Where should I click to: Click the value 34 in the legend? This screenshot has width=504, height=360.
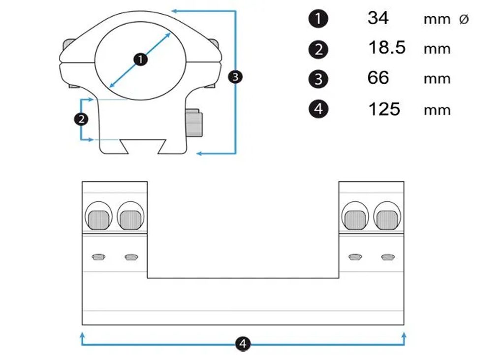[378, 18]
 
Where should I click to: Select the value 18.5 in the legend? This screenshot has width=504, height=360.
[387, 48]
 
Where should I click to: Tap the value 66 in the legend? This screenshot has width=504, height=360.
[378, 78]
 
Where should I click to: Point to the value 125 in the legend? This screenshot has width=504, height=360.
[384, 108]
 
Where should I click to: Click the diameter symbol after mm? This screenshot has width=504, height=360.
[464, 20]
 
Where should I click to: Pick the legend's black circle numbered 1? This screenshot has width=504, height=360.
[318, 19]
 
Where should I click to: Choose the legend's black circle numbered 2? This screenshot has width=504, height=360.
[318, 49]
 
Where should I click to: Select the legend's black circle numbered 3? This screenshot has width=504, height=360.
[318, 79]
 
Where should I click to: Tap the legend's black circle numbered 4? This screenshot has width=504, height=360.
[318, 109]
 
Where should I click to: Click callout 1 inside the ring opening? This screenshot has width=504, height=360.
[141, 60]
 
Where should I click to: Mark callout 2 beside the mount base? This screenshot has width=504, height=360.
[80, 119]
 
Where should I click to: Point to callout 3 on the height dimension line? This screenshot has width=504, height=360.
[236, 77]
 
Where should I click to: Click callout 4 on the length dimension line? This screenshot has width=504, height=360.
[243, 343]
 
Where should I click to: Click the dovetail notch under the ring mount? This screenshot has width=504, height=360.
[143, 146]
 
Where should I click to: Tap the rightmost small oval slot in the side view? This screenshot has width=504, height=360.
[388, 257]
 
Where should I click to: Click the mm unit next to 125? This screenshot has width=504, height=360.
[437, 110]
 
